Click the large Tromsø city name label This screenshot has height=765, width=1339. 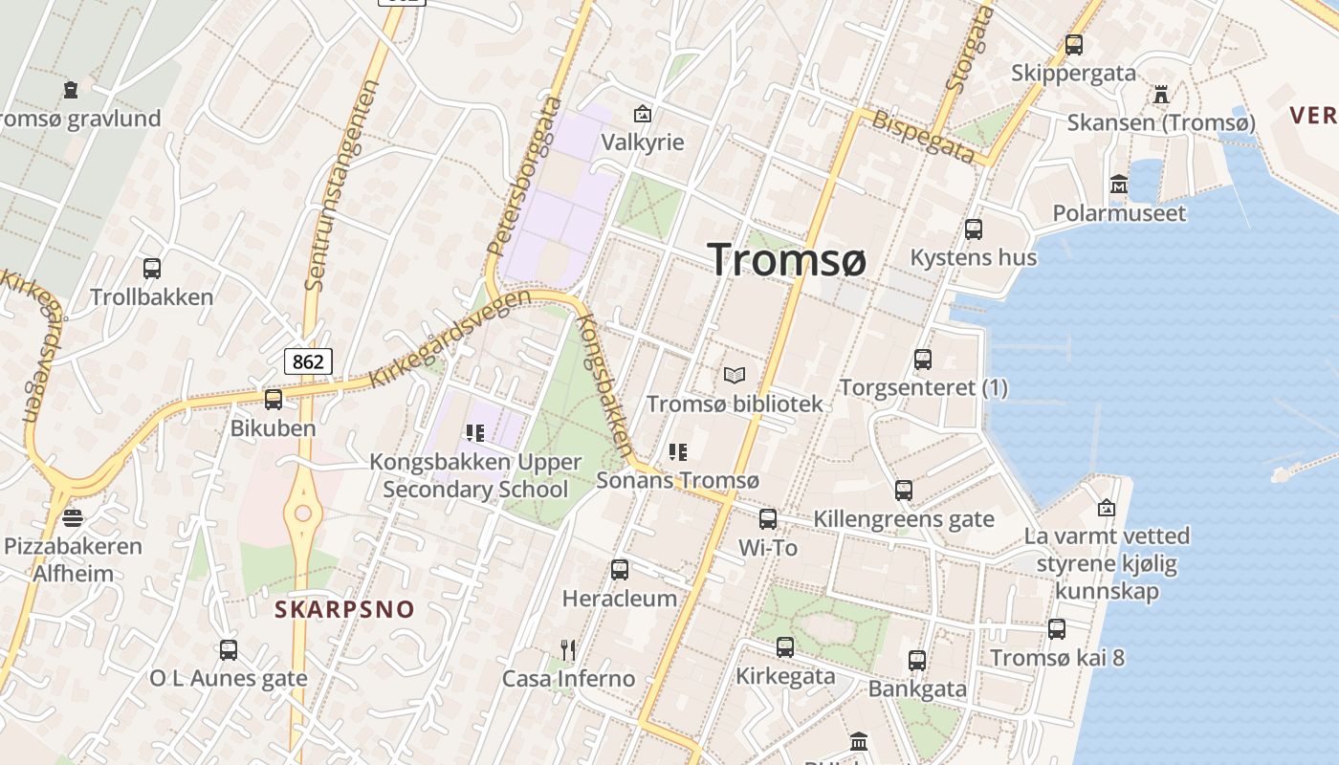pyautogui.click(x=787, y=259)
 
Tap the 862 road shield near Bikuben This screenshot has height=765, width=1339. pyautogui.click(x=308, y=361)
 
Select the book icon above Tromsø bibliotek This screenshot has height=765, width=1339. pyautogui.click(x=735, y=375)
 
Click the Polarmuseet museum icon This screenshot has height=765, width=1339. pyautogui.click(x=1119, y=184)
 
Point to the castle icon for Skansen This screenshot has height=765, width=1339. pyautogui.click(x=1161, y=94)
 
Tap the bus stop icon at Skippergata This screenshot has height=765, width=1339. pyautogui.click(x=1074, y=44)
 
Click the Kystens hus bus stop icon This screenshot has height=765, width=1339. pyautogui.click(x=974, y=229)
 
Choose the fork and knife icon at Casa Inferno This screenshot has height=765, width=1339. pyautogui.click(x=568, y=650)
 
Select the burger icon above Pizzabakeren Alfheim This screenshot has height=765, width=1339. pyautogui.click(x=73, y=518)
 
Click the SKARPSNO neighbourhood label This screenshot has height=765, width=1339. pyautogui.click(x=345, y=609)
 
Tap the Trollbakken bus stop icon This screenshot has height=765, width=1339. pyautogui.click(x=152, y=269)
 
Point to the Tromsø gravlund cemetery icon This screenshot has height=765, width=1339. pyautogui.click(x=71, y=90)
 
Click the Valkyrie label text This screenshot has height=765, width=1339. pyautogui.click(x=643, y=142)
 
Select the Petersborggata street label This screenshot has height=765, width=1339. pyautogui.click(x=525, y=175)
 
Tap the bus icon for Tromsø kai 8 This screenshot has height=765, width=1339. pyautogui.click(x=1057, y=629)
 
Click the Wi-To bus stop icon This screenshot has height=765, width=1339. pyautogui.click(x=768, y=519)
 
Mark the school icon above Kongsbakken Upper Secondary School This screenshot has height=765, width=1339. pyautogui.click(x=475, y=433)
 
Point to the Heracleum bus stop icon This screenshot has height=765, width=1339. pyautogui.click(x=620, y=570)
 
